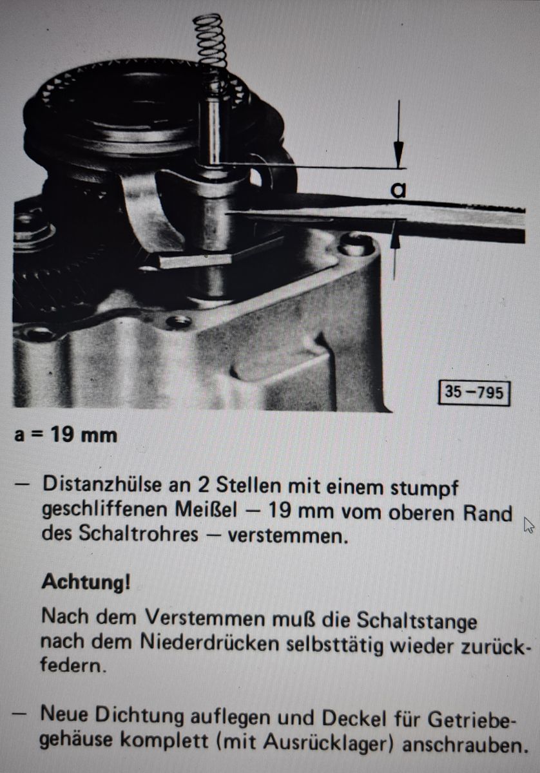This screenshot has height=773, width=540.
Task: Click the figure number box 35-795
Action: pyautogui.click(x=474, y=392)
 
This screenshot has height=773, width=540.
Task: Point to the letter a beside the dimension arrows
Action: pyautogui.click(x=398, y=191)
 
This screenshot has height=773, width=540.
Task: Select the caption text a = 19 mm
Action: pyautogui.click(x=66, y=435)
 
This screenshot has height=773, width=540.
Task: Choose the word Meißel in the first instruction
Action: pyautogui.click(x=206, y=511)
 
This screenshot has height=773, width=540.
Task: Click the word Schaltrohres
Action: pyautogui.click(x=139, y=534)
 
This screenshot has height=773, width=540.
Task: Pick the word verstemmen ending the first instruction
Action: pyautogui.click(x=287, y=535)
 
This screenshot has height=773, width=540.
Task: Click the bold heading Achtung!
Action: pyautogui.click(x=86, y=582)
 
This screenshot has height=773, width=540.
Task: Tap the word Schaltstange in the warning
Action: pyautogui.click(x=417, y=621)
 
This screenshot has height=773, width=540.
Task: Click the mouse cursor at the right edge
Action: pyautogui.click(x=528, y=525)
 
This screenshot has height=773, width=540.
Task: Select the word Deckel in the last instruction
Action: pyautogui.click(x=354, y=718)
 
